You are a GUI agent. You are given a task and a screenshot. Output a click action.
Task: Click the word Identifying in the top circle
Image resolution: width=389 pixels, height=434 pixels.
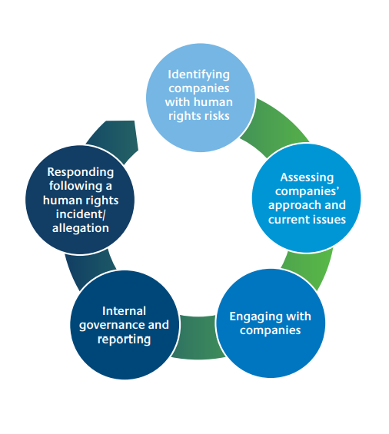pos(198,75)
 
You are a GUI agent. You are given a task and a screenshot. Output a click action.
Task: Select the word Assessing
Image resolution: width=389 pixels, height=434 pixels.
pos(307,177)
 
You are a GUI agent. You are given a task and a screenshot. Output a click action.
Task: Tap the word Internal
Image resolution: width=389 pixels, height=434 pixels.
pos(124,311)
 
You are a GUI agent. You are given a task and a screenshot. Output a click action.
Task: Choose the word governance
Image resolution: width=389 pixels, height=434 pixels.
pos(112,325)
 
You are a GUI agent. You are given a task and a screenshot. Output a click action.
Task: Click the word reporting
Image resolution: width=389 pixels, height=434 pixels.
pos(124,340)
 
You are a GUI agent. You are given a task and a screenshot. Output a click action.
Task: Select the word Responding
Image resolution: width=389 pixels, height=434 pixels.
pos(81,172)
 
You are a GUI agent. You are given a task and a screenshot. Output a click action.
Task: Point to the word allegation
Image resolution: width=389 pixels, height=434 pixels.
pos(81,228)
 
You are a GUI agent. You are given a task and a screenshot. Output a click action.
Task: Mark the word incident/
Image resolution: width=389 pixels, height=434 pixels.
pos(81,214)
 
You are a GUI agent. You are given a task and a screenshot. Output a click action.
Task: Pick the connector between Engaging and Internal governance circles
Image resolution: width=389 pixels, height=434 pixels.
pos(198,337)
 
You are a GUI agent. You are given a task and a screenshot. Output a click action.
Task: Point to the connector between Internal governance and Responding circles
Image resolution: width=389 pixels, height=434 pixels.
pos(88,270)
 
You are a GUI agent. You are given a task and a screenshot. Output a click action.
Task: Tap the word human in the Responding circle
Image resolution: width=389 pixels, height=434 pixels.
pos(61,200)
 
